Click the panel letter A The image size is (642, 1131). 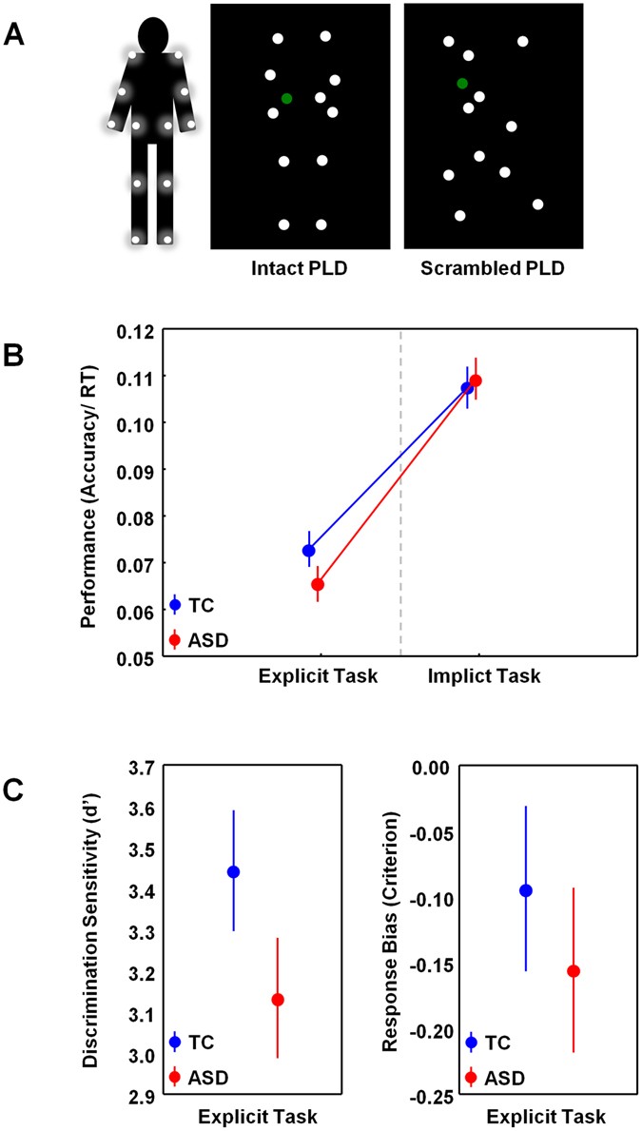tap(15, 36)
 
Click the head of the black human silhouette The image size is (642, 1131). tap(152, 34)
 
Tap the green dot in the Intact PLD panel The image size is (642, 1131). tap(286, 98)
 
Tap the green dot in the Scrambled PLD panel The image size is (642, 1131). tap(461, 84)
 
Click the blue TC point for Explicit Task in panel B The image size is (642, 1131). tap(309, 551)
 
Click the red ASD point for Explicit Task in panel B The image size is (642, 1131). tap(318, 584)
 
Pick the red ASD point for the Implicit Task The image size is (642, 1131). tap(476, 380)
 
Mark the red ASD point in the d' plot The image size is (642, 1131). tap(277, 1000)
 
